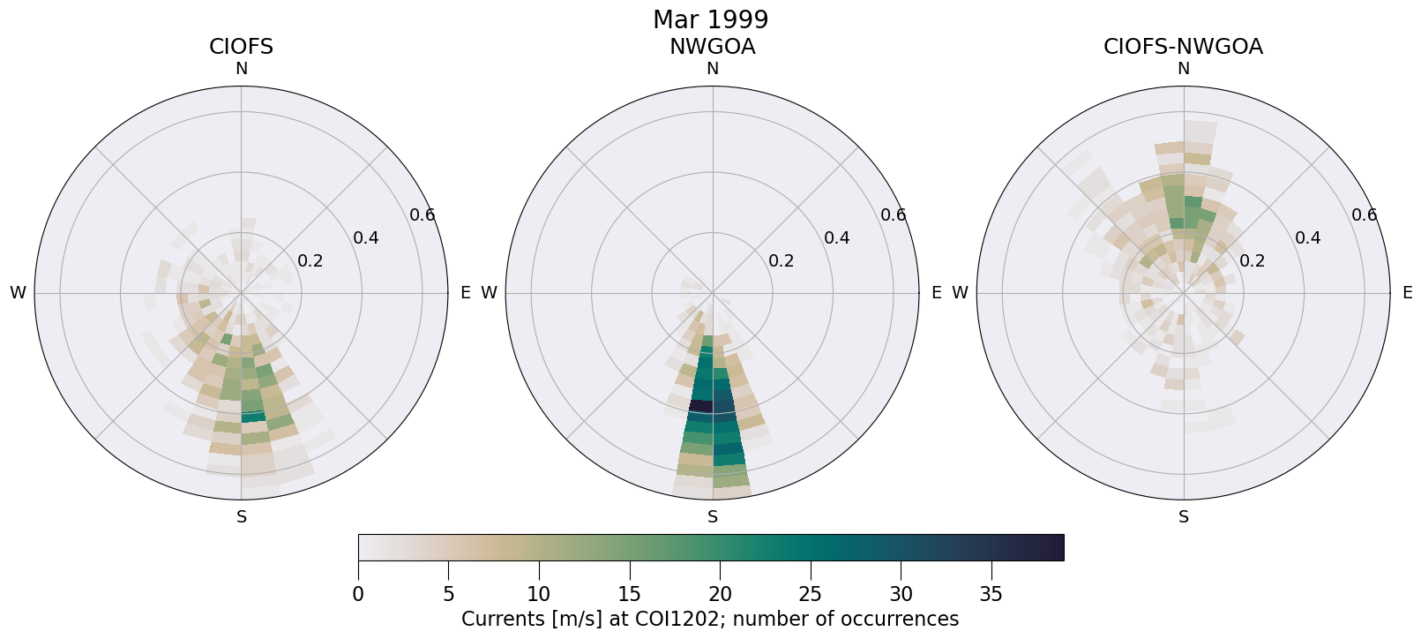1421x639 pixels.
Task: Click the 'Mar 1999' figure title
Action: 710,19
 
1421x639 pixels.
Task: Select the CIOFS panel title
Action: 241,47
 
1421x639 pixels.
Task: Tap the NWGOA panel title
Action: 712,47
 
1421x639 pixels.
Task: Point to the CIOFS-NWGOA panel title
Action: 1183,47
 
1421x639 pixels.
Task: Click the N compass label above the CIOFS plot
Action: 241,69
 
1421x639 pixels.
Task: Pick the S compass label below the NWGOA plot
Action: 713,517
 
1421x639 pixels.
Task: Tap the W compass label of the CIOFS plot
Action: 18,293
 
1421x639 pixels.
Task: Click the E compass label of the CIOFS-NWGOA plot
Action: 1408,293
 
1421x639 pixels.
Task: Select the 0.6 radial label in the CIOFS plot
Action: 423,214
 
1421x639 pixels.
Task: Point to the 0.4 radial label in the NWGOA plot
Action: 837,237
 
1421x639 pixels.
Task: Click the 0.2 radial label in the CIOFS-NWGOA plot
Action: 1252,260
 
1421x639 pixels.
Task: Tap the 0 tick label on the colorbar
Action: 358,595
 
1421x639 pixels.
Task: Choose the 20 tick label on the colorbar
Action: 720,595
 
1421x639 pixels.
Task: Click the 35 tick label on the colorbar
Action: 991,595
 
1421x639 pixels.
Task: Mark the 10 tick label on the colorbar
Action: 539,595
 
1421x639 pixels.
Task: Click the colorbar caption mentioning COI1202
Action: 710,619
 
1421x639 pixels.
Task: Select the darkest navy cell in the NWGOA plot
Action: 700,406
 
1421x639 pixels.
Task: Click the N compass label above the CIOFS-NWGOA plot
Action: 1184,69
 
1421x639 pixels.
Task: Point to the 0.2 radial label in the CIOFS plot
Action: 310,260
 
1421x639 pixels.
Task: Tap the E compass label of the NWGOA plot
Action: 937,293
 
